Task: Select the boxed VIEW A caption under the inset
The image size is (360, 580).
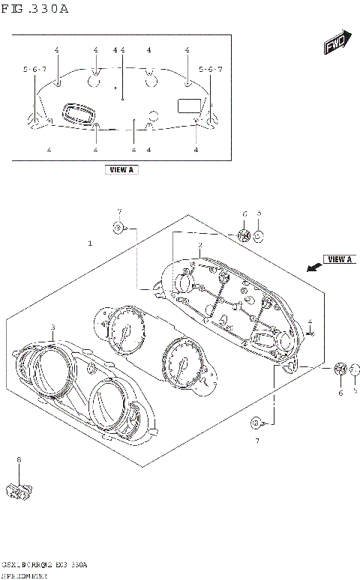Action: (121, 170)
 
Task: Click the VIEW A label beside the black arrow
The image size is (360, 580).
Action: (340, 259)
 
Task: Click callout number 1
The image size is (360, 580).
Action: (90, 244)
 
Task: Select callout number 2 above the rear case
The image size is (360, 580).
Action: (199, 245)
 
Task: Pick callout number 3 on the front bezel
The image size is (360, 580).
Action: (52, 327)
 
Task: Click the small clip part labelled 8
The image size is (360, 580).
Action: (19, 491)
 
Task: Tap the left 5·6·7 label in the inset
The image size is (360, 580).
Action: (34, 70)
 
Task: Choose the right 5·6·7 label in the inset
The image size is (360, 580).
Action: (210, 70)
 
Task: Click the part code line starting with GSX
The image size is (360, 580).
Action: (45, 564)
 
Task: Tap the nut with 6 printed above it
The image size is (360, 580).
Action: (244, 235)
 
